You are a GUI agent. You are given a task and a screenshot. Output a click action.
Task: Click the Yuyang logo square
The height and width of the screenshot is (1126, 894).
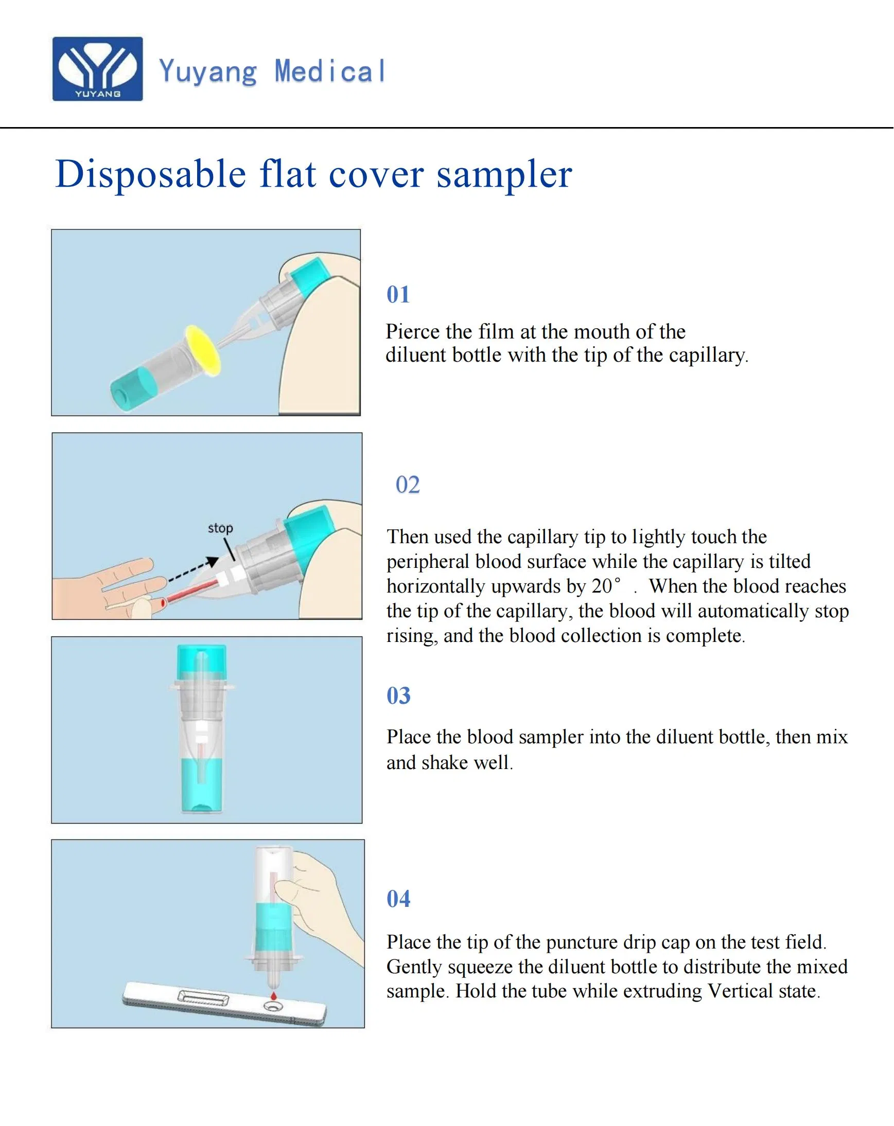tap(97, 68)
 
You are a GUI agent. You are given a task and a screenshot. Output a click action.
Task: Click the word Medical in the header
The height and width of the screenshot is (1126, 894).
tap(330, 72)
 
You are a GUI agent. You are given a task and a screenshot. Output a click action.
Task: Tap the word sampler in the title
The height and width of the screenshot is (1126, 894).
tap(504, 174)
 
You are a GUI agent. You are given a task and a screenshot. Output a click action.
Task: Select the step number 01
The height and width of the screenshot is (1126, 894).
tap(398, 295)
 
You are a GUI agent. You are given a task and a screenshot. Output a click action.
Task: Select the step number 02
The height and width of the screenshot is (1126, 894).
tap(408, 485)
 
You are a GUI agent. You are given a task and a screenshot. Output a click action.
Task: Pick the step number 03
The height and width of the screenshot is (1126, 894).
tap(398, 695)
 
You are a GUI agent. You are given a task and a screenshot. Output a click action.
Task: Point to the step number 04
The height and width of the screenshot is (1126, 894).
tap(398, 899)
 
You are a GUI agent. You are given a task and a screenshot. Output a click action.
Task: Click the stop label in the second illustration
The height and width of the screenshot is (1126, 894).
tap(220, 528)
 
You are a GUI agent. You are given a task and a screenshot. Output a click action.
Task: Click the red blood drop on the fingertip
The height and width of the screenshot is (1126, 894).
tap(163, 603)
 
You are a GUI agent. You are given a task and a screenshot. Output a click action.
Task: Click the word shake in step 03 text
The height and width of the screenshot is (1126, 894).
tap(444, 763)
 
